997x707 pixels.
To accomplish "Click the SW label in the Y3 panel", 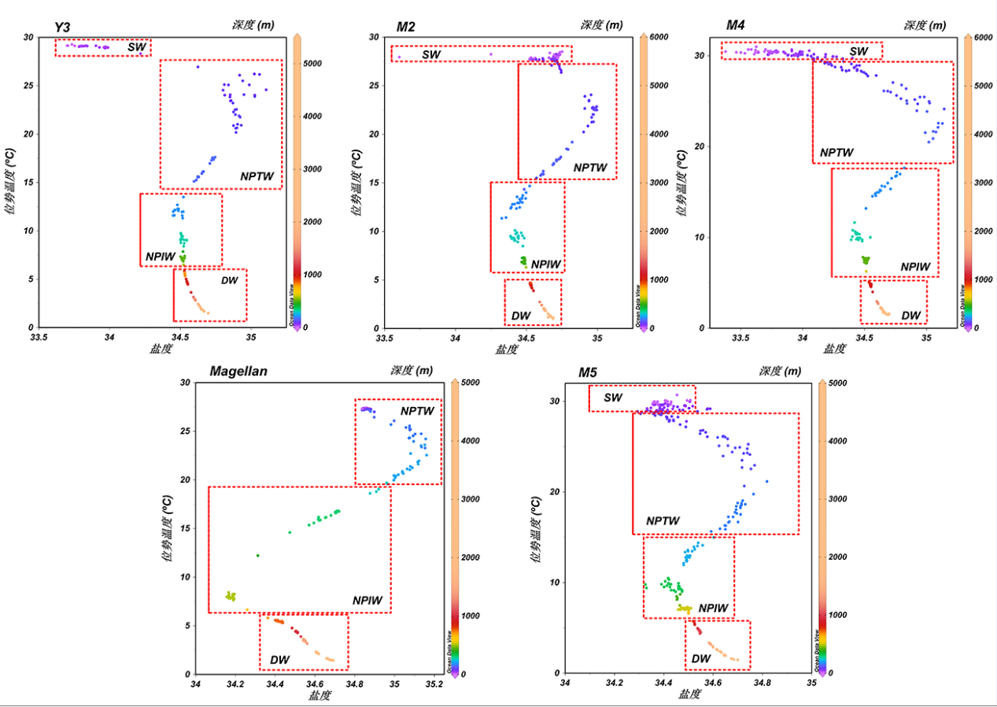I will tap(137, 47).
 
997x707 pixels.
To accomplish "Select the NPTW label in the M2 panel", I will tap(590, 168).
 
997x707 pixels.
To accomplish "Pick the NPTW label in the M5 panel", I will tap(663, 521).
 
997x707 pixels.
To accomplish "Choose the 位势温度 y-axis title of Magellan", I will tap(167, 527).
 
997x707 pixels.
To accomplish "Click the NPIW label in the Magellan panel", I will tap(367, 601).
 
